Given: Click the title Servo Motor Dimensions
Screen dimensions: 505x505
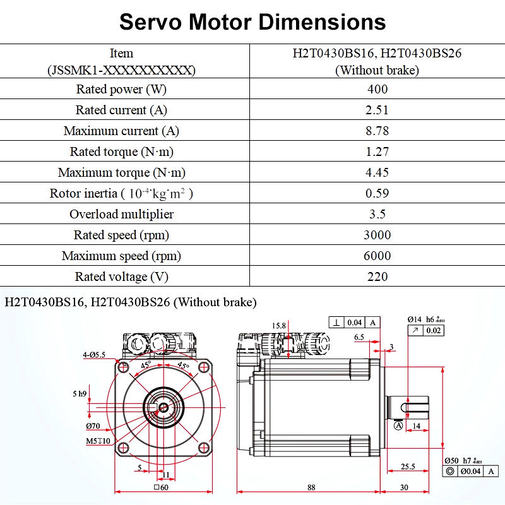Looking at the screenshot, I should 252,22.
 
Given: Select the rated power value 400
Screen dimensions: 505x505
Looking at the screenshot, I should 377,89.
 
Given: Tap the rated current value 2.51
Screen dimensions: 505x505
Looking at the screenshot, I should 377,110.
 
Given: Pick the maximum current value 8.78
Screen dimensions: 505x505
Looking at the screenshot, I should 377,131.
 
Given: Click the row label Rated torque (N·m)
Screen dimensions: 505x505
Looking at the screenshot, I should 121,151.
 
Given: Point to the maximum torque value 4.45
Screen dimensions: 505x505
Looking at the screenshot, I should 377,172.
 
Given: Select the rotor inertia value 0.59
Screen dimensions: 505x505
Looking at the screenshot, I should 377,193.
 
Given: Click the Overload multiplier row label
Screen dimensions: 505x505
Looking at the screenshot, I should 121,214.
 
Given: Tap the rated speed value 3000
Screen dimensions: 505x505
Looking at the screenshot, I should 377,235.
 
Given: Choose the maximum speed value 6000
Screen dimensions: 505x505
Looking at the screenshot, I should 377,256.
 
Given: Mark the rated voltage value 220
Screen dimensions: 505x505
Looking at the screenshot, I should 377,276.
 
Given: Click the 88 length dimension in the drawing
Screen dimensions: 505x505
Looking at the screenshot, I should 311,487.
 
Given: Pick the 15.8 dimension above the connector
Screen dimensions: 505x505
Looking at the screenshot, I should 279,326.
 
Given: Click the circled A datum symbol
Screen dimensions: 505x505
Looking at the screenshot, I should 398,426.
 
